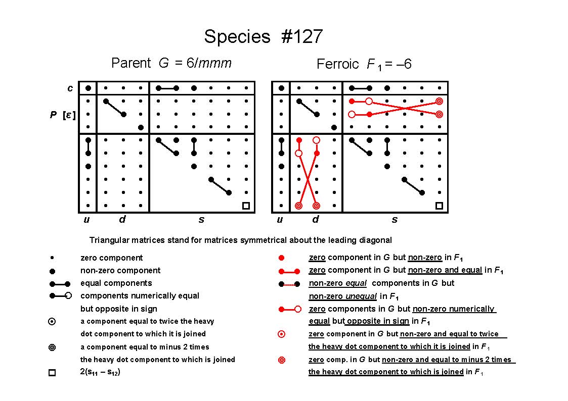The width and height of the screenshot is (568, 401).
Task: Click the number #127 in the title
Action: [x=301, y=36]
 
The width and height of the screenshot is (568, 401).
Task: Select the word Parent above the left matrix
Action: [x=131, y=63]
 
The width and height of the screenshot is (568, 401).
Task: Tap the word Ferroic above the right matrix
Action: [x=337, y=64]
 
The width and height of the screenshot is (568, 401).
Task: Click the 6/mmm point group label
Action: [x=209, y=63]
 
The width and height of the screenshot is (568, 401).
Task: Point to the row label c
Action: [x=70, y=88]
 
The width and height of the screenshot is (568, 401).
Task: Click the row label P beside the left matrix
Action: [x=53, y=115]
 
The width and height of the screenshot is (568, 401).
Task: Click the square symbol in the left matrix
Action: [x=246, y=206]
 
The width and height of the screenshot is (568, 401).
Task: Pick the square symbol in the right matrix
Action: [x=439, y=206]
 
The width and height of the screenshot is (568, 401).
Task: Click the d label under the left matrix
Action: [x=122, y=219]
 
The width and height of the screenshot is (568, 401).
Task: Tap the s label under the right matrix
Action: [x=395, y=220]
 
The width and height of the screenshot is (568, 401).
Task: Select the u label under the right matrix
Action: [x=280, y=220]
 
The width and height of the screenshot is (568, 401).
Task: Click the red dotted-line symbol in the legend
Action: [x=289, y=284]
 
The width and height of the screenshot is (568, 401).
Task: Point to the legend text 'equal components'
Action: [x=116, y=283]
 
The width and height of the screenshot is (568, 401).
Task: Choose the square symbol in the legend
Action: [x=52, y=372]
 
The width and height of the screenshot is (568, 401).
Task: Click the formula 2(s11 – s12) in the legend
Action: [x=100, y=372]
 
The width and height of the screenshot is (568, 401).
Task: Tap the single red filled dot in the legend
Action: [x=281, y=258]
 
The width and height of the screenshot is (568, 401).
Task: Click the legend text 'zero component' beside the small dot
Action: [x=112, y=258]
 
